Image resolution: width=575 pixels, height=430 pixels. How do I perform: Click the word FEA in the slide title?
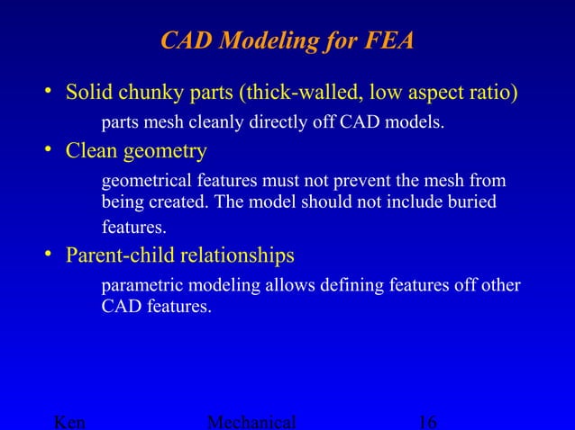[390, 41]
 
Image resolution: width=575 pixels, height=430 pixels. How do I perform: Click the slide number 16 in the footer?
[428, 422]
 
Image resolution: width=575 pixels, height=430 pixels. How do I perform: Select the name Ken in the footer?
[71, 422]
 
